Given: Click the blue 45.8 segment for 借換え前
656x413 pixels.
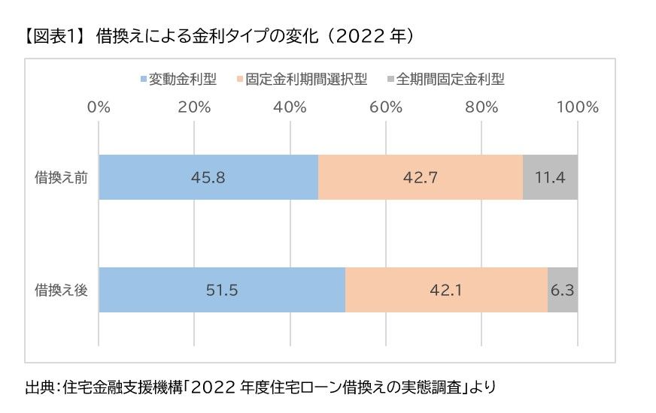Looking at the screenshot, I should pos(208,177).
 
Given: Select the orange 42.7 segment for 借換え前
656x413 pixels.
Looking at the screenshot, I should pos(421,177).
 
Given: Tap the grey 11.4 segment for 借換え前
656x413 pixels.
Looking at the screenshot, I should pos(550,177).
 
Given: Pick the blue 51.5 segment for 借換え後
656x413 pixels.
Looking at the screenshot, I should pos(222,290).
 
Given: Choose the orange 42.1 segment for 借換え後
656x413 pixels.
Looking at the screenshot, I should pos(446,290).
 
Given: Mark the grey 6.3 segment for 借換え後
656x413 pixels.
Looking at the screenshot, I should pos(563,290).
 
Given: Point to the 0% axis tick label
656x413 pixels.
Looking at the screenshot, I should pos(99,107).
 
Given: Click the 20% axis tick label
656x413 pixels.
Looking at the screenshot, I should pos(194,107).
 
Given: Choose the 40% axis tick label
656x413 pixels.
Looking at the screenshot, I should pos(290,107).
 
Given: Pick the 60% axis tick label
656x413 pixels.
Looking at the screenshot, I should pos(386,107).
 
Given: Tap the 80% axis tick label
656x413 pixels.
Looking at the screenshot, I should pos(481,107).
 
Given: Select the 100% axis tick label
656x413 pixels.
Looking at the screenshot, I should pos(576,107).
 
